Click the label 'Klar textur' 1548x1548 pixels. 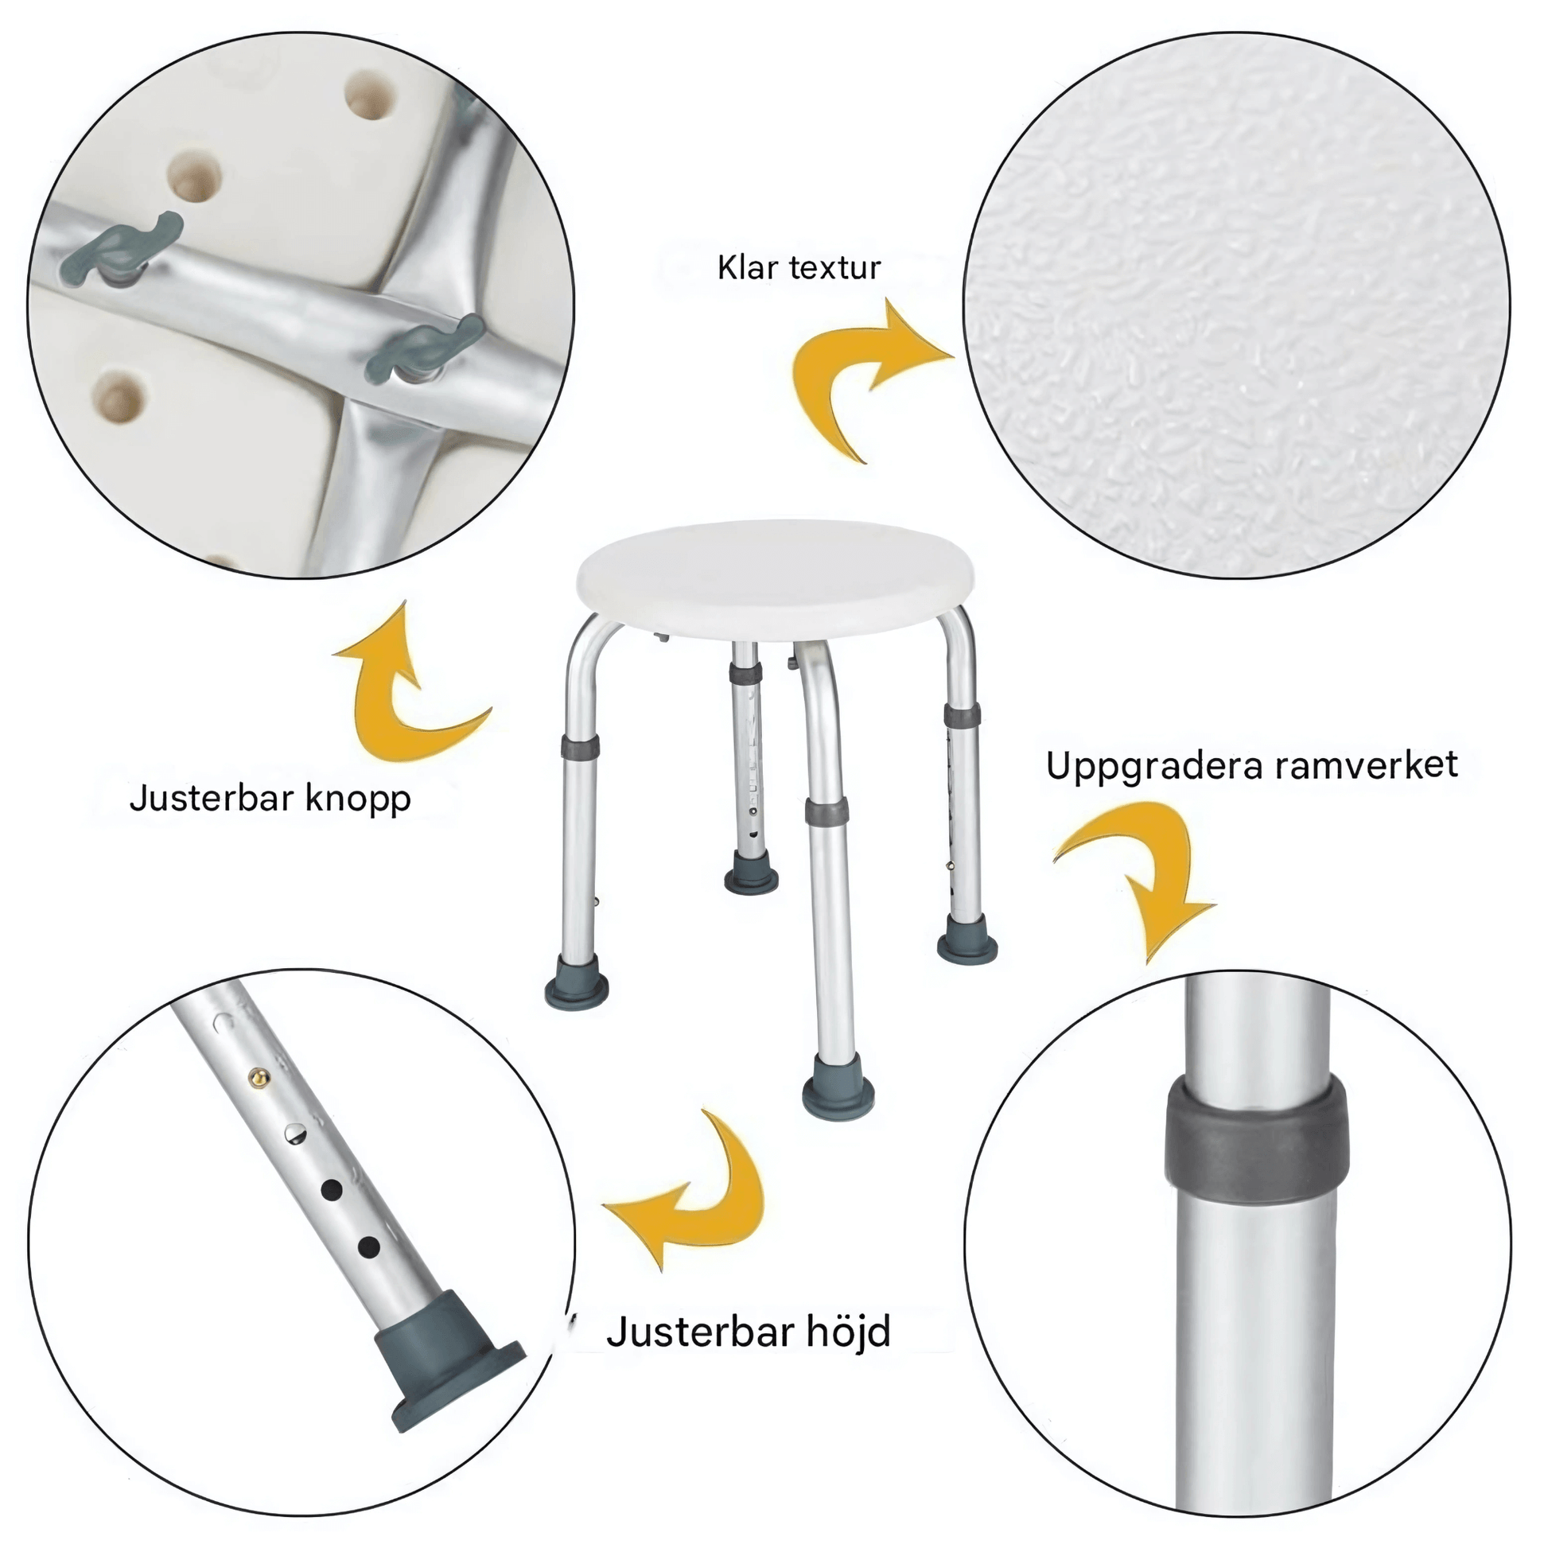pyautogui.click(x=799, y=267)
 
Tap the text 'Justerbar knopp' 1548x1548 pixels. pyautogui.click(x=270, y=799)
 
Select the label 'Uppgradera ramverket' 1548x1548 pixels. pyautogui.click(x=1251, y=766)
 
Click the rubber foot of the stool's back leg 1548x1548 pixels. pyautogui.click(x=751, y=874)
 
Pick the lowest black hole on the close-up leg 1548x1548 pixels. pyautogui.click(x=368, y=1247)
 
